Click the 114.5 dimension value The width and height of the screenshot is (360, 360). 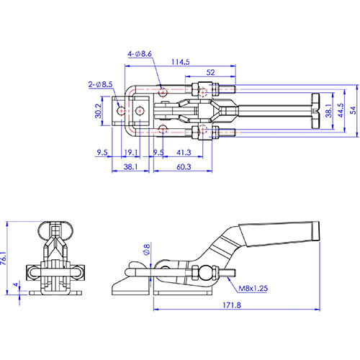[180, 62]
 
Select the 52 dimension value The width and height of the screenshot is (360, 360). [210, 73]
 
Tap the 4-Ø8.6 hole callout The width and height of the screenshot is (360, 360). [140, 54]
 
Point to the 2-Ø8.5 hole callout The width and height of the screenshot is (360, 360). [100, 84]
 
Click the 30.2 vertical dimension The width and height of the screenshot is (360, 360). [99, 111]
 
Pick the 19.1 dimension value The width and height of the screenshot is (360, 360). [131, 153]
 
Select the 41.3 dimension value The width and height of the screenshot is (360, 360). [184, 153]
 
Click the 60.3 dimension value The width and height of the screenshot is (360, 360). [184, 167]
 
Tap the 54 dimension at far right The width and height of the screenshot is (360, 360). [353, 110]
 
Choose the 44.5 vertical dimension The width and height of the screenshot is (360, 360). [341, 110]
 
